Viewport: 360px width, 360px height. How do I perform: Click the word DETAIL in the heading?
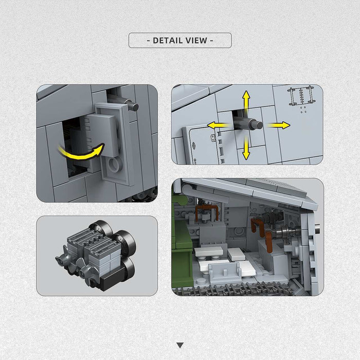pyautogui.click(x=167, y=41)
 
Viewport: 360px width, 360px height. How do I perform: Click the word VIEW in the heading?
pyautogui.click(x=196, y=41)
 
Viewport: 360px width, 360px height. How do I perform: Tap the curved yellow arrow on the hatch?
pyautogui.click(x=81, y=151)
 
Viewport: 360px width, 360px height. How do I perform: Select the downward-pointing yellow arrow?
pyautogui.click(x=246, y=148)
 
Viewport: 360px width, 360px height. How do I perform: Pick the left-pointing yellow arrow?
pyautogui.click(x=219, y=125)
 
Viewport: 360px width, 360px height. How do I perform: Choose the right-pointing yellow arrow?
pyautogui.click(x=278, y=125)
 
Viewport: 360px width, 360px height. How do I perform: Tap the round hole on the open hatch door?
pyautogui.click(x=114, y=165)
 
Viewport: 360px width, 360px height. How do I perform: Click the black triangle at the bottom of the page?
pyautogui.click(x=180, y=345)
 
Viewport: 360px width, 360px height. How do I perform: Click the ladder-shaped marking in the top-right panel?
pyautogui.click(x=301, y=96)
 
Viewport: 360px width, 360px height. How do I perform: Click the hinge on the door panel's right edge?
pyautogui.click(x=213, y=137)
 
